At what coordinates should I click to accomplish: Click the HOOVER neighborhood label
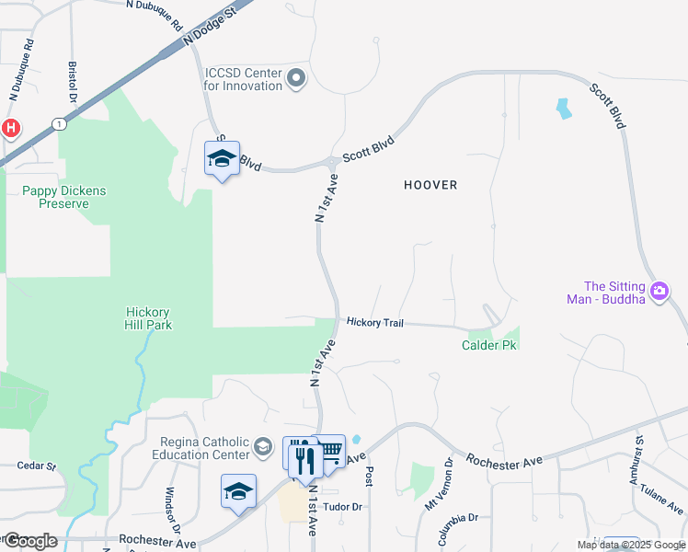[430, 185]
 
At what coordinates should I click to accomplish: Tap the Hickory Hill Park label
[149, 318]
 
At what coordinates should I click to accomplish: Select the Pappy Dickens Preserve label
[64, 197]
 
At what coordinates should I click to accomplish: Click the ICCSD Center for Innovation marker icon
[296, 79]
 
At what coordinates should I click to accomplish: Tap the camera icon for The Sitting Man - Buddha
[659, 293]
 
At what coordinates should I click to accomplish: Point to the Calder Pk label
[488, 346]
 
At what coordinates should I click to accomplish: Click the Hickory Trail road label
[375, 323]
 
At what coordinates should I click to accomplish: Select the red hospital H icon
[10, 128]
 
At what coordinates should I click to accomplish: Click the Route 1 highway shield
[59, 123]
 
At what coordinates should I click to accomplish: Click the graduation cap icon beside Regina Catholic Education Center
[262, 447]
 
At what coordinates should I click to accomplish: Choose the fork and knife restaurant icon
[305, 459]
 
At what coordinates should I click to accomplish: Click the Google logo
[30, 541]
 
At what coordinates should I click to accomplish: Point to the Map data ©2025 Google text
[630, 545]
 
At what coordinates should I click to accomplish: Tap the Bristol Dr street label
[73, 84]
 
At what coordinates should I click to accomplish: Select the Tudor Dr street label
[343, 507]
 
